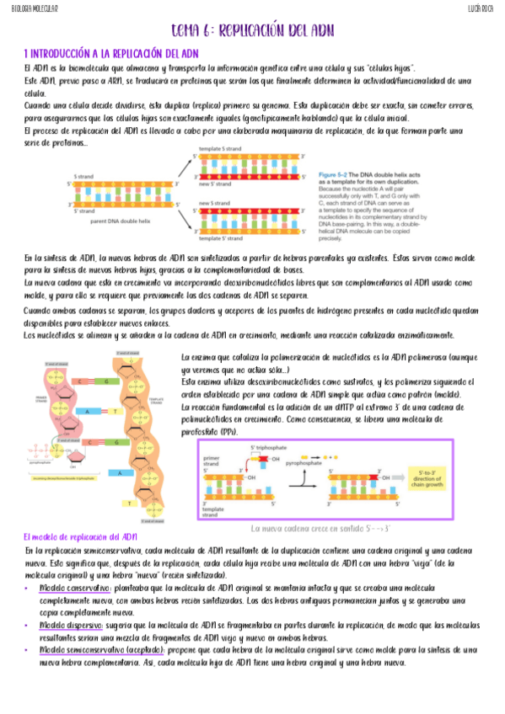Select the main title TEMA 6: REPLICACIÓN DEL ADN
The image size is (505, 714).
pyautogui.click(x=252, y=31)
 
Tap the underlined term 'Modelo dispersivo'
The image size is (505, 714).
pyautogui.click(x=71, y=626)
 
